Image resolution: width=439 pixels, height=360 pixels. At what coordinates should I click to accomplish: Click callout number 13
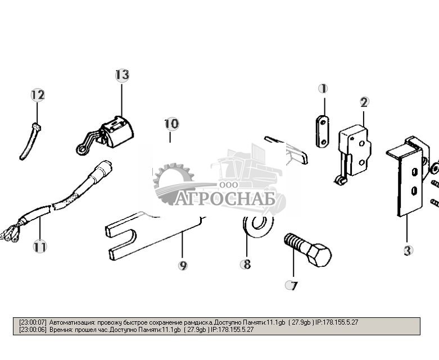122,75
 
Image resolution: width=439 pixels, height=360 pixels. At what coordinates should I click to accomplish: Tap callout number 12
38,95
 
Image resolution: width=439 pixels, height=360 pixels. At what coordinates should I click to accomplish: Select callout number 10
171,124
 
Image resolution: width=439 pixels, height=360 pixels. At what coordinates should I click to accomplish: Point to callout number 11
39,246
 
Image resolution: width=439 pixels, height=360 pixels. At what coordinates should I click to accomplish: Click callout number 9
183,265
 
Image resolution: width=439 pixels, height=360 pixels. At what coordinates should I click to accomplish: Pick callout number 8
246,264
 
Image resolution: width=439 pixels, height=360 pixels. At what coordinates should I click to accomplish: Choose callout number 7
291,285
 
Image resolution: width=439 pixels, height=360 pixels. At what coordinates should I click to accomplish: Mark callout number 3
408,250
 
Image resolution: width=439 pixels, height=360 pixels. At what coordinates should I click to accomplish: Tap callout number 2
364,102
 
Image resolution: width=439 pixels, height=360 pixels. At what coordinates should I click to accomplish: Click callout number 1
323,89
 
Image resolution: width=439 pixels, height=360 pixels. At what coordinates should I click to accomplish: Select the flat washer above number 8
258,225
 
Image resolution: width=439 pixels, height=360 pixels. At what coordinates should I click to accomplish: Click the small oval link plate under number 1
322,131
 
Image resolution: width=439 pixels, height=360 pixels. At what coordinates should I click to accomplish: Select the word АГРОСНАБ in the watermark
225,199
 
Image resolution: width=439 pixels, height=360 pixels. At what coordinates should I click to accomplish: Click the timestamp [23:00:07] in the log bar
33,322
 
